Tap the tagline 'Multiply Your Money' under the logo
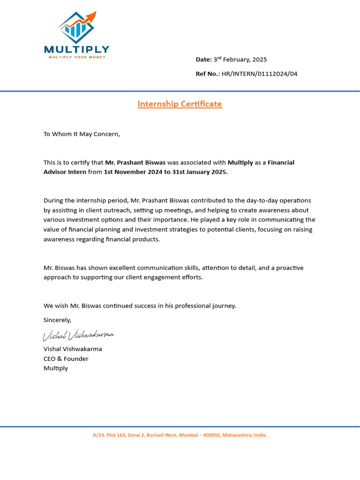click(77, 57)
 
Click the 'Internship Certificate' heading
click(180, 104)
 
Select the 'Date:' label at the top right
click(203, 60)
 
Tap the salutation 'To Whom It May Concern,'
click(82, 134)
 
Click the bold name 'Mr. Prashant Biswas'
click(135, 163)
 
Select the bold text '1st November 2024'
click(133, 172)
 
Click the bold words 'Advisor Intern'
click(65, 172)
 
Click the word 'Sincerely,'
click(57, 320)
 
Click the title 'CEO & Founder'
click(66, 359)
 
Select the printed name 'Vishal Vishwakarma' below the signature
click(73, 349)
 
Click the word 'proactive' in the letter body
click(289, 268)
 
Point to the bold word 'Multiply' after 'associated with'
click(240, 163)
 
